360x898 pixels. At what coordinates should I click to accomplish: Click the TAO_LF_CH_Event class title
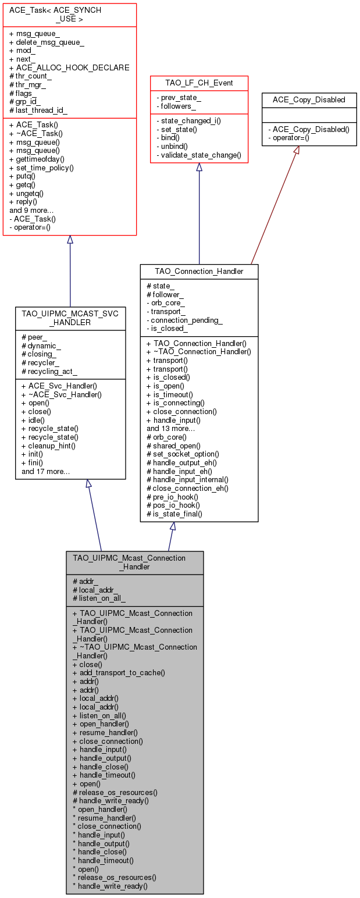coord(199,83)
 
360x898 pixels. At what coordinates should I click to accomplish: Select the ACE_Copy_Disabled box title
coord(309,99)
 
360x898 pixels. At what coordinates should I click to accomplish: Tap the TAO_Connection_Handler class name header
coord(199,271)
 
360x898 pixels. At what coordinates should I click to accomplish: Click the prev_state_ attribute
coord(179,97)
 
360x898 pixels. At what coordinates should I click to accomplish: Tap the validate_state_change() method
coord(198,156)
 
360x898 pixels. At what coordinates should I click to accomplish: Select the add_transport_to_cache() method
coord(119,672)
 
